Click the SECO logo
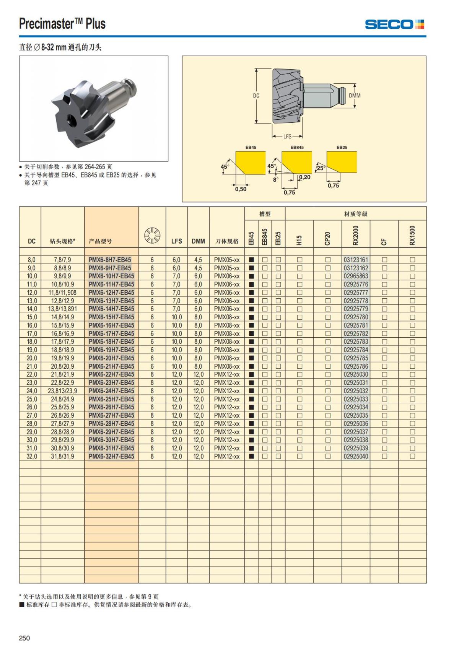coord(394,24)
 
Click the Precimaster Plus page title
coord(62,24)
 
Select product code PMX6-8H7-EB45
coord(110,260)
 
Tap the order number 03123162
coord(356,268)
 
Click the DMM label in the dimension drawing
coord(355,96)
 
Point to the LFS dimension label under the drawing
coord(287,136)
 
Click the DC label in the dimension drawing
coord(256,96)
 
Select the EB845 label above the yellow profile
coord(297,147)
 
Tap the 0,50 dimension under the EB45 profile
coord(241,189)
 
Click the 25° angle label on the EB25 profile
coord(321,168)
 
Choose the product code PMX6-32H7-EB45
coord(111,456)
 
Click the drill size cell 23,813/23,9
coord(62,391)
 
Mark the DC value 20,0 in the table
coord(32,358)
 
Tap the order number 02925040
coord(356,456)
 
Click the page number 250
coord(24,638)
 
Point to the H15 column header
coord(299,239)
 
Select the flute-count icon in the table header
coord(152,235)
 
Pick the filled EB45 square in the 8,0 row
coord(251,260)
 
